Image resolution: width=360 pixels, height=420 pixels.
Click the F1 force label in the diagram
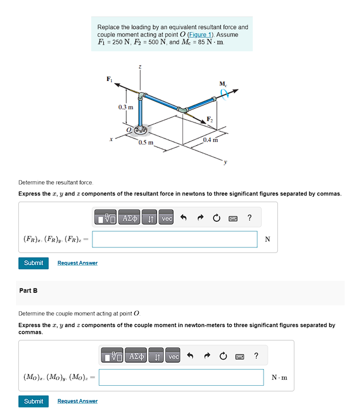(110, 79)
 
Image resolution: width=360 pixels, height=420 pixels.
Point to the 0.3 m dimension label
(126, 107)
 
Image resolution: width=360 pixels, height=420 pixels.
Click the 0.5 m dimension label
(146, 142)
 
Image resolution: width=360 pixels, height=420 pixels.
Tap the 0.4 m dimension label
(210, 140)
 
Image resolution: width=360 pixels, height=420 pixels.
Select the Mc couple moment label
(223, 84)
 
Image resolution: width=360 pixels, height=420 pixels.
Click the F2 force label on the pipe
(211, 119)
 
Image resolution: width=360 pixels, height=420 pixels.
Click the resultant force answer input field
(175, 239)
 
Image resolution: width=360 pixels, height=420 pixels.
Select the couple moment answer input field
(181, 377)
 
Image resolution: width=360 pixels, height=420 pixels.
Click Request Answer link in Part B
(77, 401)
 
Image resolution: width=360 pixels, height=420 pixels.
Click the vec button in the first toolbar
(167, 218)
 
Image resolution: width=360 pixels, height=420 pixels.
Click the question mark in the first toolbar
(249, 218)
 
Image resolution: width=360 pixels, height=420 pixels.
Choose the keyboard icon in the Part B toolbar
(240, 357)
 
